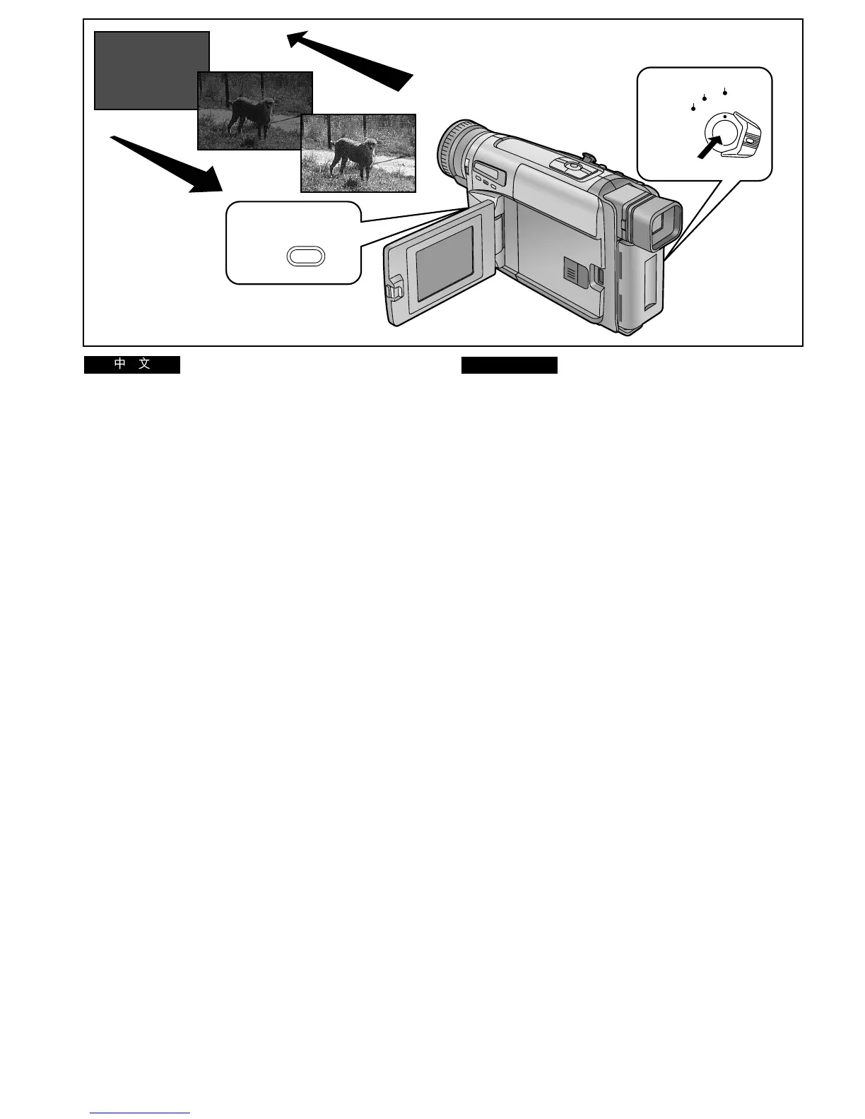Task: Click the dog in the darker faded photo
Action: click(x=249, y=113)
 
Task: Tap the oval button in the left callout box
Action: click(x=306, y=256)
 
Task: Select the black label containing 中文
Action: click(x=132, y=365)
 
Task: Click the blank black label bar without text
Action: click(x=510, y=365)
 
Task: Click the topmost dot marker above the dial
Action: click(x=725, y=92)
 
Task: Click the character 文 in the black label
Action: click(x=145, y=365)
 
